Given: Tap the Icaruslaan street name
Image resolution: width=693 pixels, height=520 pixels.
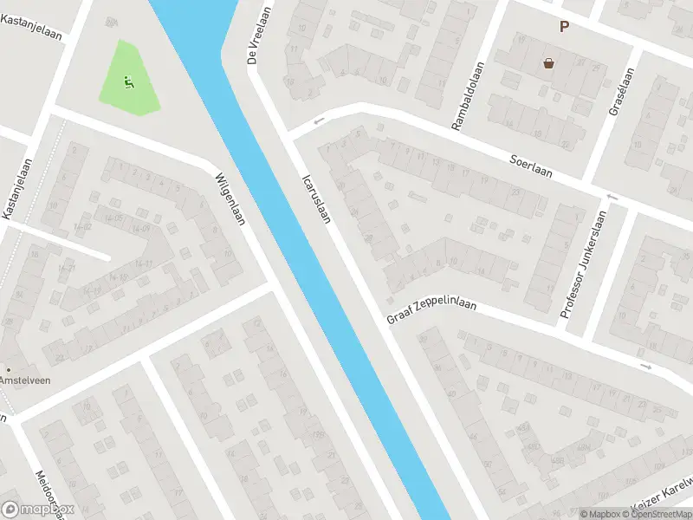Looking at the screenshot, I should coord(316,199).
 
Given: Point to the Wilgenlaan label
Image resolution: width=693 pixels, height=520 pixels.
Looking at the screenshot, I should coord(230,198).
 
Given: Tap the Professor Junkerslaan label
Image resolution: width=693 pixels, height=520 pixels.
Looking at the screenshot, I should coord(580,265).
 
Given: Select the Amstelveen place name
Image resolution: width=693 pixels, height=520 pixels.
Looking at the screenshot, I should coord(24,381).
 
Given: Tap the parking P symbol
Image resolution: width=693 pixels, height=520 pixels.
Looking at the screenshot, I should coord(564,27).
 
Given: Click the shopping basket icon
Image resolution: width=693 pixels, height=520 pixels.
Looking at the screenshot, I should coord(548,62).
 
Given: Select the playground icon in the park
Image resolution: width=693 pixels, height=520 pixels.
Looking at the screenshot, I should coord(129,83).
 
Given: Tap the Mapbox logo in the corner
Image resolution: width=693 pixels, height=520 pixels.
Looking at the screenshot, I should coord(38,510).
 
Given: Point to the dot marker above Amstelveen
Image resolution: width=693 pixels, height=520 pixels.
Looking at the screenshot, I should coord(8,369).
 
